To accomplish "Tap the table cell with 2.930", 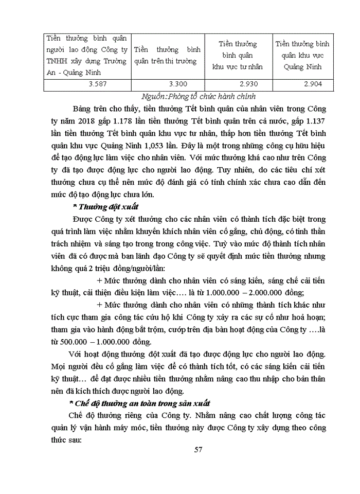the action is pos(238,84).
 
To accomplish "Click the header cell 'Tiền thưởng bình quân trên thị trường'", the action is pos(168,56).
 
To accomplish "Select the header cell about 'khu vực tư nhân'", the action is pos(238,56).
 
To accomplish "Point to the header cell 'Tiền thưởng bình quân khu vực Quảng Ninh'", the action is pos(302,56).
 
